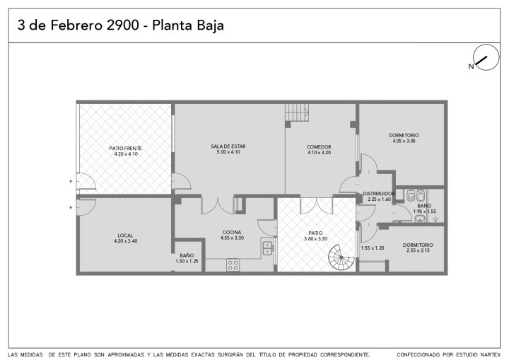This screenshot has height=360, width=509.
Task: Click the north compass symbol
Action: click(x=486, y=58)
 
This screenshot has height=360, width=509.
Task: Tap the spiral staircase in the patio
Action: click(x=341, y=257)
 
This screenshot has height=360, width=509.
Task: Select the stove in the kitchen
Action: click(x=233, y=265)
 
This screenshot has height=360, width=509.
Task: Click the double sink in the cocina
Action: click(x=267, y=248)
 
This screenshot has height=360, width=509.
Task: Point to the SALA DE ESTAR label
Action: click(x=228, y=146)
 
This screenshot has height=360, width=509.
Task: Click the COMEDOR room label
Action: click(x=319, y=147)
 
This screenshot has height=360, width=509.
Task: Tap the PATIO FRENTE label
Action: click(x=126, y=149)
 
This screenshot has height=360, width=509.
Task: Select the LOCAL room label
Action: click(x=125, y=236)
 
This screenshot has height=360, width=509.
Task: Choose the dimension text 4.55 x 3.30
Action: click(x=232, y=238)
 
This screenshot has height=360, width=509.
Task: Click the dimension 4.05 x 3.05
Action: click(x=404, y=141)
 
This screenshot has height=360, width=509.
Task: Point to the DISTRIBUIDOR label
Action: click(x=379, y=194)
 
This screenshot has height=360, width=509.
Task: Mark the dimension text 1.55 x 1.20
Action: click(x=373, y=248)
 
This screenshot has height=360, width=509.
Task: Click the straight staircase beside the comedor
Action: click(x=297, y=112)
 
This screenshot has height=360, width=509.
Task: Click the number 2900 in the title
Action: click(x=123, y=25)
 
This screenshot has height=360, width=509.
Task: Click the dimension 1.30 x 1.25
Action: click(x=187, y=261)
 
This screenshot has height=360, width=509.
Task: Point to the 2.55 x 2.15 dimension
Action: click(x=418, y=250)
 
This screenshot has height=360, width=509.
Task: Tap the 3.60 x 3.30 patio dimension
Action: click(x=316, y=239)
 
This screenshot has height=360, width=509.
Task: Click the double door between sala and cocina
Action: click(x=218, y=204)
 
